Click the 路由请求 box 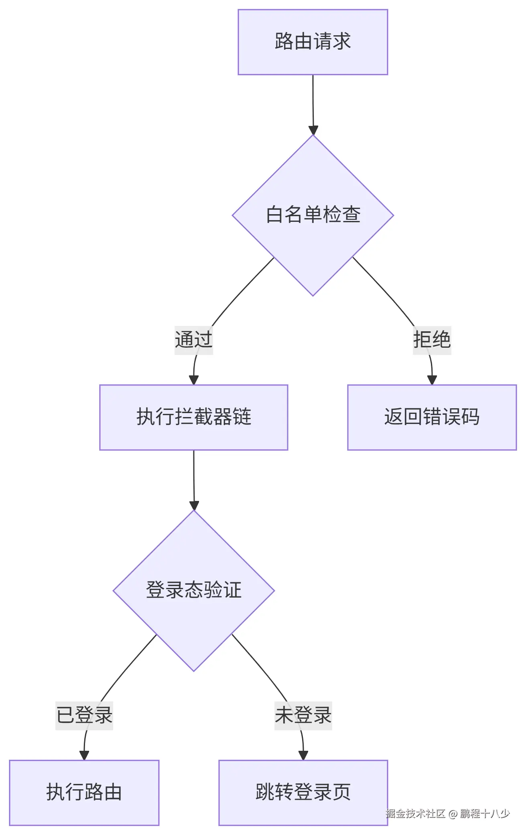click(x=313, y=42)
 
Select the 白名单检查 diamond click(x=313, y=215)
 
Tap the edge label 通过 click(x=193, y=340)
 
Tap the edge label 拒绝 click(x=432, y=340)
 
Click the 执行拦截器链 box click(x=193, y=417)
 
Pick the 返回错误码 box click(x=432, y=417)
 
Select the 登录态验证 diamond click(x=193, y=590)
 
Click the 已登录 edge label click(x=84, y=715)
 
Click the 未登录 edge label click(x=303, y=715)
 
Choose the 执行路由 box click(x=84, y=792)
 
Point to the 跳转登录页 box click(x=303, y=792)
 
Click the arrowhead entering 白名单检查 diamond click(x=313, y=130)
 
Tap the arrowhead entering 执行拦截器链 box click(x=194, y=380)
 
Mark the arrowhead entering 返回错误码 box click(x=432, y=380)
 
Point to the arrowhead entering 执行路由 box click(x=84, y=755)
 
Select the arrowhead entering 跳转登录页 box click(x=303, y=755)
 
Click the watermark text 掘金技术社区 click(x=415, y=814)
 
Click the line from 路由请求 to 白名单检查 click(x=313, y=100)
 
